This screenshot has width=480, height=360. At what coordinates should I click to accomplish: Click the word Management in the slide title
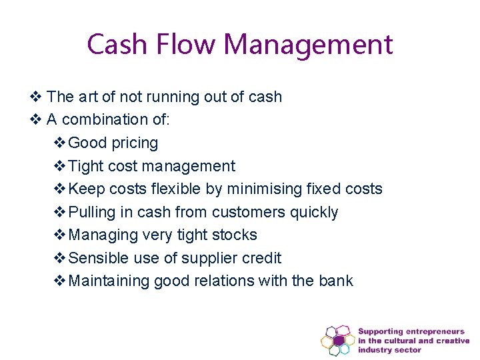(308, 45)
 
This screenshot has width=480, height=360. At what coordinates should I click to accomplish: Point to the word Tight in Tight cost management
(83, 166)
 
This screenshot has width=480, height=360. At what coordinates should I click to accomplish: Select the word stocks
(235, 235)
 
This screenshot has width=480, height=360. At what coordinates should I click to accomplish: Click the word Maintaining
(109, 281)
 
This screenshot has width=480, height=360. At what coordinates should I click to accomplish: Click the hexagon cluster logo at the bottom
(338, 341)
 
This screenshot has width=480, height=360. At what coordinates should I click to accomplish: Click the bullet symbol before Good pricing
(59, 143)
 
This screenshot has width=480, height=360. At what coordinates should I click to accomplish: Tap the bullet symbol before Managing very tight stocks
(59, 235)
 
